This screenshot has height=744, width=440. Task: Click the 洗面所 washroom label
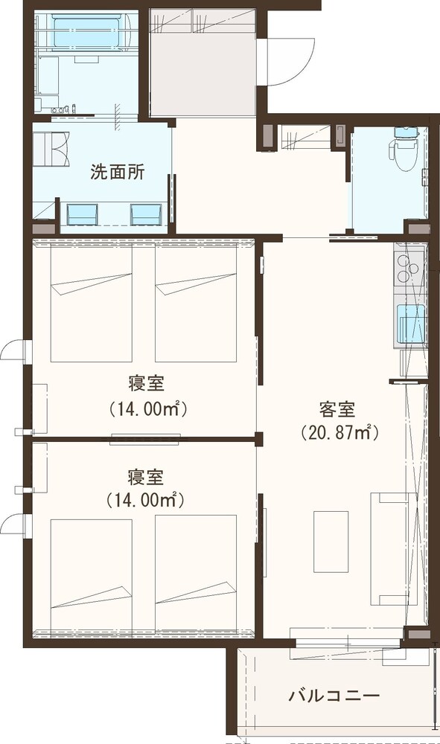[117, 173]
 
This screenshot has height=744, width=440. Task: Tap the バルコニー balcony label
[334, 696]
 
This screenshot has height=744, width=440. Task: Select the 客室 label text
[337, 409]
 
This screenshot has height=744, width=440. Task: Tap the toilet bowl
[404, 149]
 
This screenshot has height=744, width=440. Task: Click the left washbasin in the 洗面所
[83, 214]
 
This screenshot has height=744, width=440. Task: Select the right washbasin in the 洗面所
[146, 214]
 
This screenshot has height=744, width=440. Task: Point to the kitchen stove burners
[408, 269]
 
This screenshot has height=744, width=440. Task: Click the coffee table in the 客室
[331, 542]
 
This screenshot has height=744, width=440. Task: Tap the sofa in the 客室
[389, 549]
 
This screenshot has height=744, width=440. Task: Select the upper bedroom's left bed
[91, 304]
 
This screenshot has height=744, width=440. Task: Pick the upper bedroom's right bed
[196, 304]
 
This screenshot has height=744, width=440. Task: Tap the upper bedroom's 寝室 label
[146, 383]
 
